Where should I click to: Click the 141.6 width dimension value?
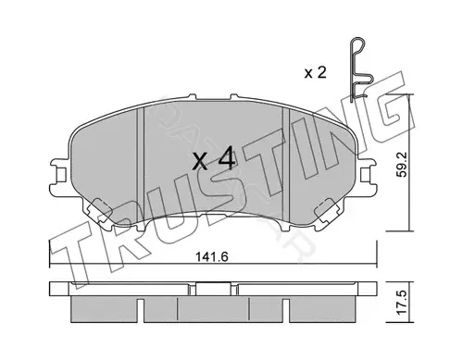click(212, 256)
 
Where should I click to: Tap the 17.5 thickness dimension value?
click(401, 303)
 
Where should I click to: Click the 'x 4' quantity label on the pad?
click(214, 160)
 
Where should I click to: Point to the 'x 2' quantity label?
click(315, 73)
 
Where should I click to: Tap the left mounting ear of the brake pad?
click(59, 176)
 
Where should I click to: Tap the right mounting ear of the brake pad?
click(367, 176)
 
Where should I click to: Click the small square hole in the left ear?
click(62, 175)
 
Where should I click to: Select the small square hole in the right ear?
click(365, 175)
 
